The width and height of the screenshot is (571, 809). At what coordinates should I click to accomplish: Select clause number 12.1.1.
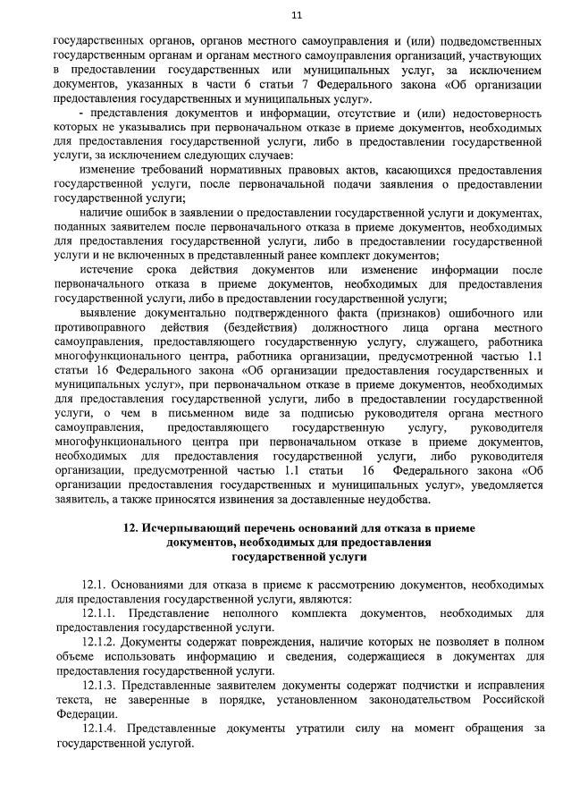click(100, 613)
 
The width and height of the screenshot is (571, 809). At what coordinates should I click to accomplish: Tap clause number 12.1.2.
click(100, 642)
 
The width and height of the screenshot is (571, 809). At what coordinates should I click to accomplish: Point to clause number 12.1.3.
click(100, 685)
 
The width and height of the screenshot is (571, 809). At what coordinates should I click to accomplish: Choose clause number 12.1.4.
click(100, 728)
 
